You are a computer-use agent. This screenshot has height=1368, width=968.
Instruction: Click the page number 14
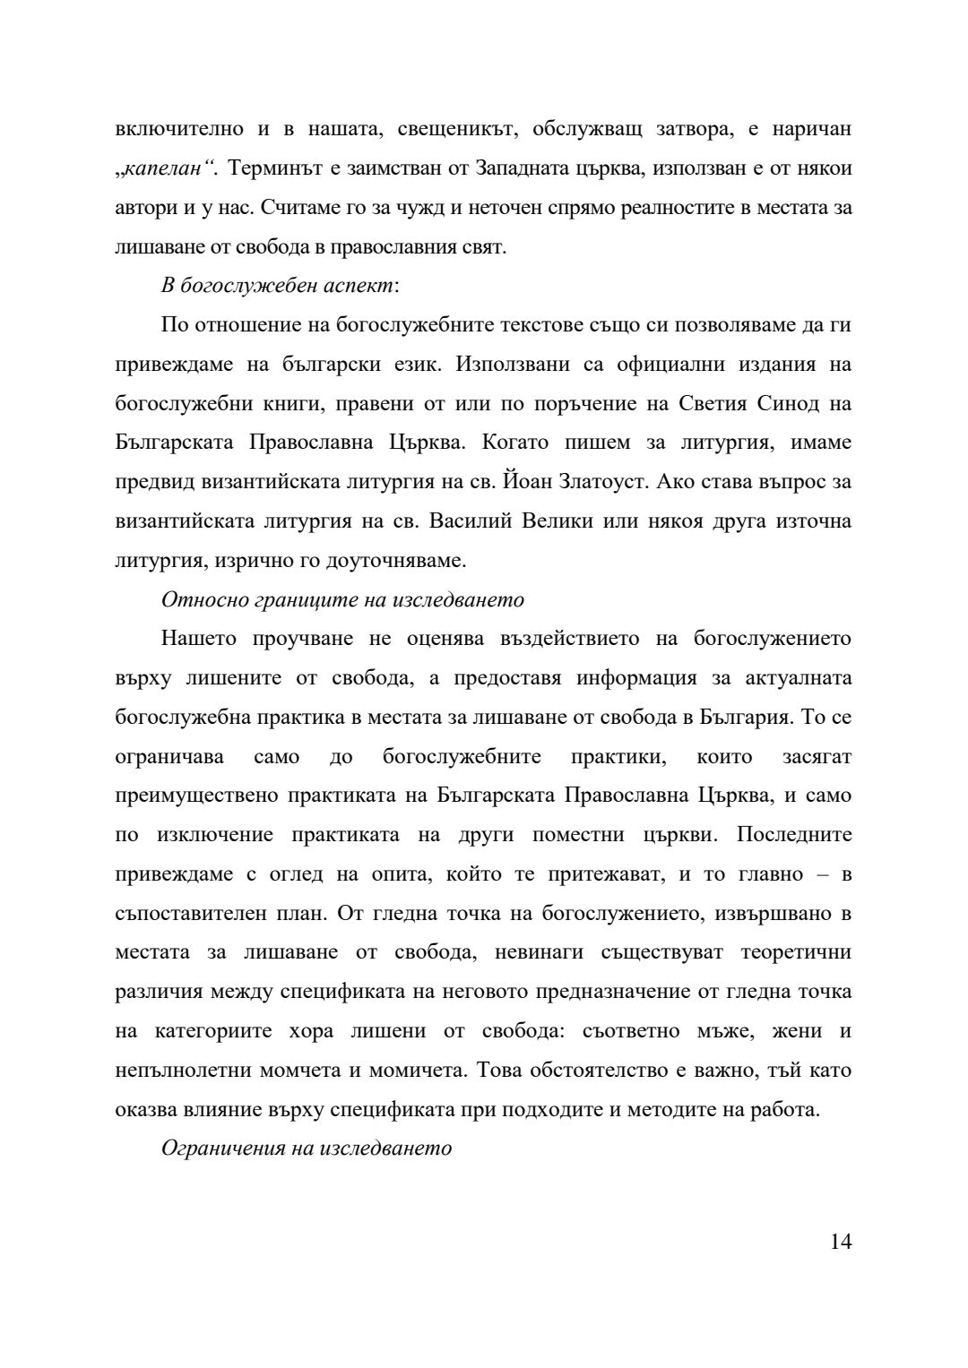tap(841, 1241)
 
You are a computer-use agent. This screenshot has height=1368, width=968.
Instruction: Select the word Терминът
tap(272, 168)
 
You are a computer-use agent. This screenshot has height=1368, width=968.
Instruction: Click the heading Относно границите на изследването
tap(342, 599)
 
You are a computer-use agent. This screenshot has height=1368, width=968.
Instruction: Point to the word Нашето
tap(199, 639)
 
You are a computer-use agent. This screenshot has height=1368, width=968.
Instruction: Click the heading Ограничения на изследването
tap(307, 1149)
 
